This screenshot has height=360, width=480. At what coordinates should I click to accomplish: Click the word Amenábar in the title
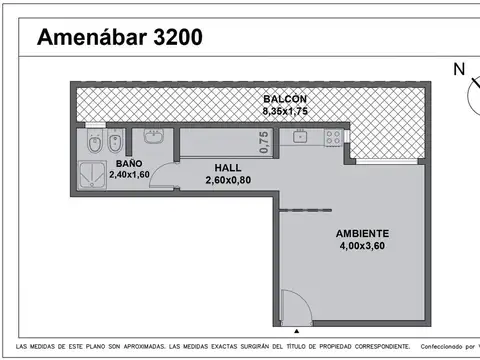tap(91, 39)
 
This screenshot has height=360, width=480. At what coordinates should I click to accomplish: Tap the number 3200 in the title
tap(177, 39)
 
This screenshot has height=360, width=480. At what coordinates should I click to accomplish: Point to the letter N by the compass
tap(459, 69)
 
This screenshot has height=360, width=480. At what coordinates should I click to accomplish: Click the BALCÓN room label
tap(285, 99)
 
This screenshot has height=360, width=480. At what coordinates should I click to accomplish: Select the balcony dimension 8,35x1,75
tap(285, 111)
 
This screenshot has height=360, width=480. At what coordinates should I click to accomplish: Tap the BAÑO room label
tap(128, 163)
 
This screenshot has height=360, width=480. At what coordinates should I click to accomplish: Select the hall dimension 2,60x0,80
tap(228, 181)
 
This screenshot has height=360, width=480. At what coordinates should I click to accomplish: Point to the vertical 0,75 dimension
tap(263, 141)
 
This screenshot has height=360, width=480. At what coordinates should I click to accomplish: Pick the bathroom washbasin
tap(154, 137)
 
